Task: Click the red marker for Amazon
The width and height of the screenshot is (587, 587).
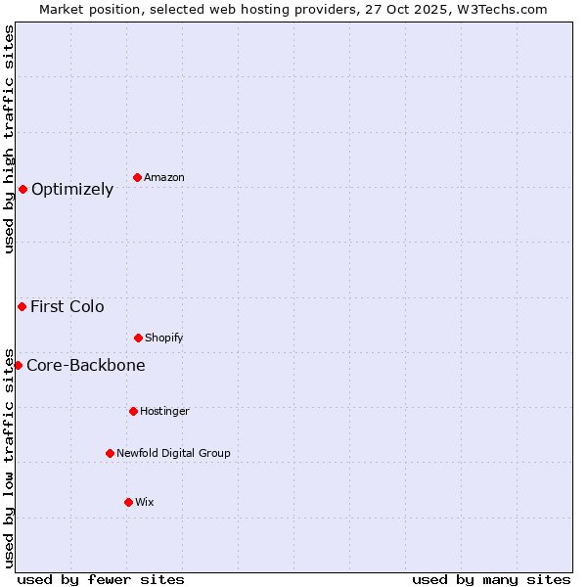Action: [137, 177]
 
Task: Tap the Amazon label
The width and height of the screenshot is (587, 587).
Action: [164, 178]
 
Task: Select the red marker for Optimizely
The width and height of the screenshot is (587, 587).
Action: [23, 189]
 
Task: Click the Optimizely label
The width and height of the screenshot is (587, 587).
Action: [72, 190]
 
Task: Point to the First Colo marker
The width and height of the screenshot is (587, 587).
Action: [22, 306]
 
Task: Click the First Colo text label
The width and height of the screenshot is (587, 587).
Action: [68, 307]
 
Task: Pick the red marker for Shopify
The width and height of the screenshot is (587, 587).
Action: [138, 338]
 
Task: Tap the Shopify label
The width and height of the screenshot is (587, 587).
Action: [164, 339]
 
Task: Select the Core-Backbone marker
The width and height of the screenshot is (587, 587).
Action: [18, 365]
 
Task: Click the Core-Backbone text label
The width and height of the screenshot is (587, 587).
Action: [86, 366]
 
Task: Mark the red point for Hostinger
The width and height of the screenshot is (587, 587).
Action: [133, 411]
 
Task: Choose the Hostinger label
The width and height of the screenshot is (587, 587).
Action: [164, 412]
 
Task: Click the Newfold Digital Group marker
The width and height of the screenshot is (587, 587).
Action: [110, 453]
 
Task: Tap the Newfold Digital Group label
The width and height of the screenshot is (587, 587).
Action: [173, 454]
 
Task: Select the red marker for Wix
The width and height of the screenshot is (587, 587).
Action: [128, 502]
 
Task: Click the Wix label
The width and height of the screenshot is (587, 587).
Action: [145, 503]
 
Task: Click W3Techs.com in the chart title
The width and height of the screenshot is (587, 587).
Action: [502, 9]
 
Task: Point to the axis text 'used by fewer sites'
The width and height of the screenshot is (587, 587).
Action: [101, 580]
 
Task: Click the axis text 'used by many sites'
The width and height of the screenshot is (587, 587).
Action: [491, 580]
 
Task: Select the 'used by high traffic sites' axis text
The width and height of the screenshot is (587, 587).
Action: [9, 139]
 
